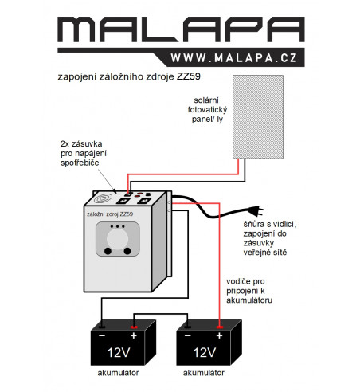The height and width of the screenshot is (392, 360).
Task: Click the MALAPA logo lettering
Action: (181, 29)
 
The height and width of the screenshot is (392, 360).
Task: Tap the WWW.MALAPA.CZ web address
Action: (233, 58)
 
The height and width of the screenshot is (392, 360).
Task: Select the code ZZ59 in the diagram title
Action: (189, 76)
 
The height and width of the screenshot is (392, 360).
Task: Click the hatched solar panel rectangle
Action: (258, 117)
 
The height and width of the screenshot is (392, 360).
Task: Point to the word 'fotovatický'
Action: (207, 110)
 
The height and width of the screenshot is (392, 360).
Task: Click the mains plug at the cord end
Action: (256, 210)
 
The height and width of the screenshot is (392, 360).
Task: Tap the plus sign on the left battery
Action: (134, 335)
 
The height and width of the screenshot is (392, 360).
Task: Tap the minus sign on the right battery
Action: (188, 335)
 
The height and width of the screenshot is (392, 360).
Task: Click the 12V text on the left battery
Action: (119, 352)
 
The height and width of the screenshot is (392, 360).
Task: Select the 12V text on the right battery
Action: (205, 352)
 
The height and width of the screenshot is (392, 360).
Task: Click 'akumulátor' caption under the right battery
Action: (204, 373)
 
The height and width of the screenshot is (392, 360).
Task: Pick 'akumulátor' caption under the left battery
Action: (118, 373)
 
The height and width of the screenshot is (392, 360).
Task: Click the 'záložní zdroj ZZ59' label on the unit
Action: (110, 214)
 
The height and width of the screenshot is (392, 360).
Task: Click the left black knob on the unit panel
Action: (108, 251)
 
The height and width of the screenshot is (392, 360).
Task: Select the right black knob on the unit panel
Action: (127, 251)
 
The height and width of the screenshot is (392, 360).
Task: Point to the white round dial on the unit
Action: (118, 239)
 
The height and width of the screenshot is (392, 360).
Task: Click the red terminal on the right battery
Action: (219, 327)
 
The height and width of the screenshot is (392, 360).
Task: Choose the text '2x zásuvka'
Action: (81, 143)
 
